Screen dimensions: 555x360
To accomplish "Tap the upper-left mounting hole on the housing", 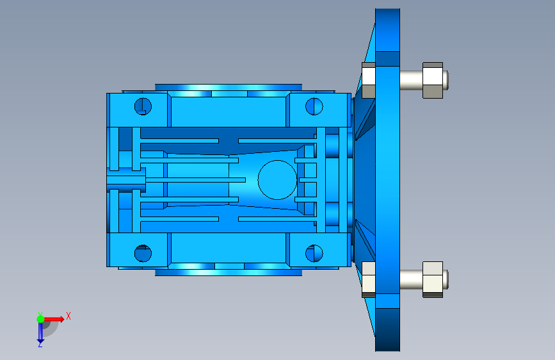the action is [143, 106].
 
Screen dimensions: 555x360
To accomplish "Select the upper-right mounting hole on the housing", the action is [314, 106].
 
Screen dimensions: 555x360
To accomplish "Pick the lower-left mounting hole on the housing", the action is [143, 254].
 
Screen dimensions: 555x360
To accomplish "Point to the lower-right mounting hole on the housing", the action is [314, 254].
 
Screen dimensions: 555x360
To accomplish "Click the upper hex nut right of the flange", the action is [433, 81].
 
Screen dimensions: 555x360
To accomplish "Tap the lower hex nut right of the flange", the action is [433, 279].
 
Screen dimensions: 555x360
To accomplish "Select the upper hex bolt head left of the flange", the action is [369, 81].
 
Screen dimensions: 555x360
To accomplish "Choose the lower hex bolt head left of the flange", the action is [369, 279].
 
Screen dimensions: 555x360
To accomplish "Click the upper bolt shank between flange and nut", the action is [412, 80].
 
